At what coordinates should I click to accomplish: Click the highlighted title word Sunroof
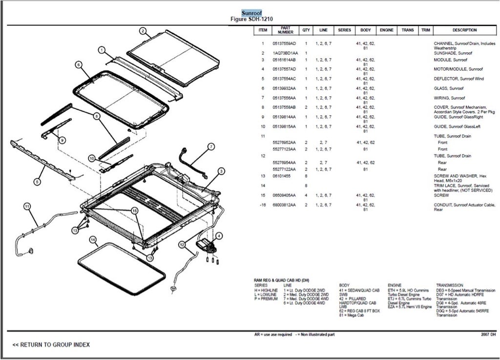251,13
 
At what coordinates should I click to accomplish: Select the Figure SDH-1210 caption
251,19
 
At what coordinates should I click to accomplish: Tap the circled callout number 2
143,31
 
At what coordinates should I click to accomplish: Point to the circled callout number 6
78,64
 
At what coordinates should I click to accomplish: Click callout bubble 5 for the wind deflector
37,182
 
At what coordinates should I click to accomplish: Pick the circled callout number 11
27,206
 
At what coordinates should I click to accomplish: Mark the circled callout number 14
93,239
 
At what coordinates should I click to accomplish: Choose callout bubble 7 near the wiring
211,146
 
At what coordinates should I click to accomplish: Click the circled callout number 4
219,236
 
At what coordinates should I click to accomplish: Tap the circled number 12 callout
182,244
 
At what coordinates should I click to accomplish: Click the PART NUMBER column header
286,30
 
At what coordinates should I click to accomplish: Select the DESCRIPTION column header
464,30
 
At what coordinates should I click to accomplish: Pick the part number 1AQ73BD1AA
285,53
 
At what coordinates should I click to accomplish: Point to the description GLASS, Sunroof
448,88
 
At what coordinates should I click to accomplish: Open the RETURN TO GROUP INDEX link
51,345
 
